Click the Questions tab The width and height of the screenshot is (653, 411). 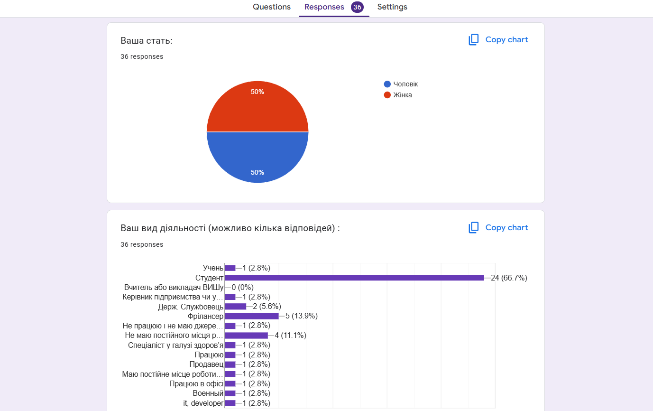click(271, 7)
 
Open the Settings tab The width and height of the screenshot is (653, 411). click(392, 7)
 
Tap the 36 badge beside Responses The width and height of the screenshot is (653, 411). click(357, 7)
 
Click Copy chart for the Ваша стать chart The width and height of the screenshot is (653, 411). click(498, 40)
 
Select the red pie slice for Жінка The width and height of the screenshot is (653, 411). click(258, 107)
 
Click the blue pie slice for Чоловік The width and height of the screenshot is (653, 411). click(258, 157)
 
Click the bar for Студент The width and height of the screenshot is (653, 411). click(354, 278)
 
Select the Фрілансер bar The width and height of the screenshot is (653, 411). click(252, 316)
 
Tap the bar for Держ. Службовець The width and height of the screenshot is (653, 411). click(236, 307)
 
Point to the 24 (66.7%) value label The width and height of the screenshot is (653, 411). click(509, 278)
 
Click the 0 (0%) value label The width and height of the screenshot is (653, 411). click(242, 287)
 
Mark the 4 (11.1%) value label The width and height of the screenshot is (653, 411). click(290, 336)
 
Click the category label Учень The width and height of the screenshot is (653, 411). click(213, 268)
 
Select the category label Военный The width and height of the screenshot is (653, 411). click(208, 393)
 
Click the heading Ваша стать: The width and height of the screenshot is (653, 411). click(147, 41)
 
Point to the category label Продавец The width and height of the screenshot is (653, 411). click(206, 364)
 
